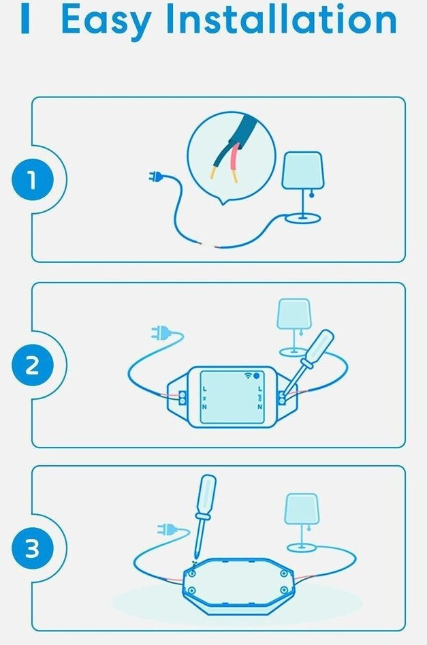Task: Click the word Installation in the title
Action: pos(281,19)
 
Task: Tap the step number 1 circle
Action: pos(33,180)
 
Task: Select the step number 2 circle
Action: pos(33,365)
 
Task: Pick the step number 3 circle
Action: pos(33,548)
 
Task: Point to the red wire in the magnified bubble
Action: pos(232,163)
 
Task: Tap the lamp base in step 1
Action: pos(304,218)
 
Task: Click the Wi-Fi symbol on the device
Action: pos(248,375)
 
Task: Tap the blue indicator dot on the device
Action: pos(257,375)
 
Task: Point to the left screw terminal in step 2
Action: pos(183,397)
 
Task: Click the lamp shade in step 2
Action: pos(294,313)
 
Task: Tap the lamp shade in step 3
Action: pos(302,509)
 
